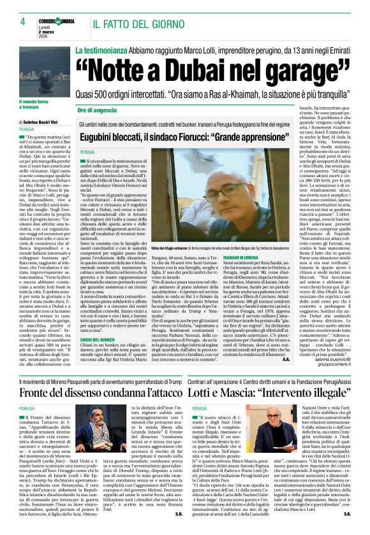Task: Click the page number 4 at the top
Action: pos(22,21)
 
